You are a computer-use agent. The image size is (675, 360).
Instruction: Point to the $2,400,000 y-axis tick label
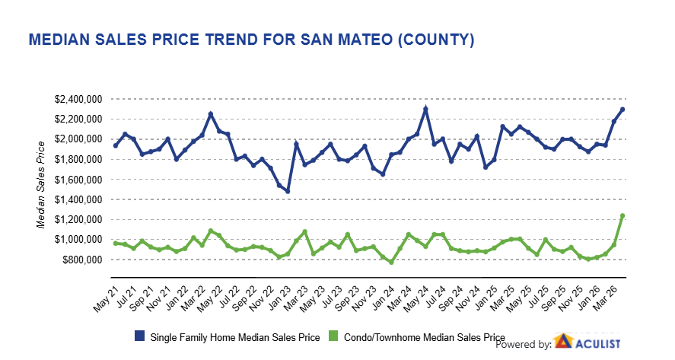(80, 99)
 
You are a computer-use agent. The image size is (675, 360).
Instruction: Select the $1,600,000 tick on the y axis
(80, 179)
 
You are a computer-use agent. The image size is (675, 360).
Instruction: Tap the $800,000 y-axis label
(83, 260)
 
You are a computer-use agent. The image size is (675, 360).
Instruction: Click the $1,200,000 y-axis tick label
(80, 219)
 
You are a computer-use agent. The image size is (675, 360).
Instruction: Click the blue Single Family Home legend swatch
(139, 336)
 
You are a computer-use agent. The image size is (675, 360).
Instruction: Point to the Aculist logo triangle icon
(562, 343)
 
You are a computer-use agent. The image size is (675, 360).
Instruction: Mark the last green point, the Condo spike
(622, 215)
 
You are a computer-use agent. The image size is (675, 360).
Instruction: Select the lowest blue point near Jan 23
(288, 191)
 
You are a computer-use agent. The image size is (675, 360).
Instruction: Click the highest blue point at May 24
(425, 109)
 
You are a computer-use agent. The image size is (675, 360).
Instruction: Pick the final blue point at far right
(622, 109)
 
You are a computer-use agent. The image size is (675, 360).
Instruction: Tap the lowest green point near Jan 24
(391, 262)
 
